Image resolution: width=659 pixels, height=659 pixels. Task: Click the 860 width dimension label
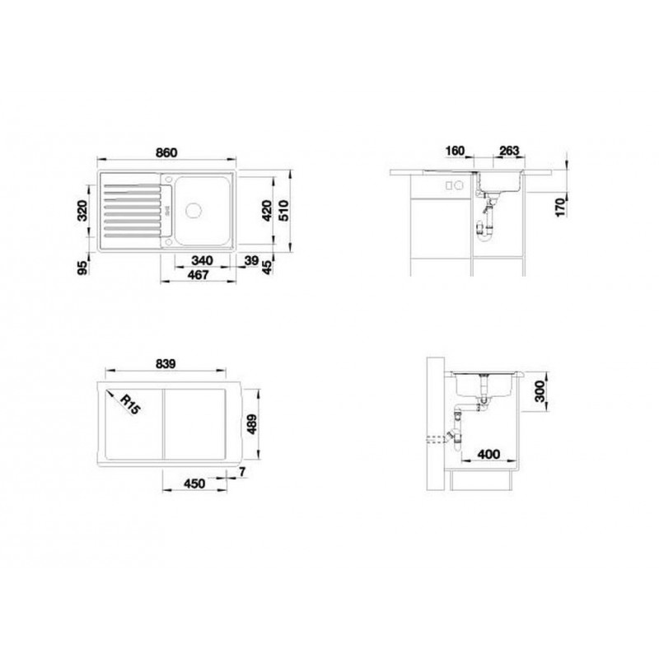pyautogui.click(x=166, y=152)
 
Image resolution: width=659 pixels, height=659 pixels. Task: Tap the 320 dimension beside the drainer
pyautogui.click(x=82, y=211)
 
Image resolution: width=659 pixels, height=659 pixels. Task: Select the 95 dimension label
pyautogui.click(x=83, y=268)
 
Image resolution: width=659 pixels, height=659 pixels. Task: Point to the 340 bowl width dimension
pyautogui.click(x=202, y=260)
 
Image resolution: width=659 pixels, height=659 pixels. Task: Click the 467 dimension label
pyautogui.click(x=198, y=275)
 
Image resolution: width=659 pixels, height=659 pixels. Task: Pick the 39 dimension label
pyautogui.click(x=251, y=260)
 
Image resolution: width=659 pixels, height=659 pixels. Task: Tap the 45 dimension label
pyautogui.click(x=267, y=267)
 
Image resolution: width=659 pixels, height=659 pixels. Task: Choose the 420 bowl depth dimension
pyautogui.click(x=267, y=211)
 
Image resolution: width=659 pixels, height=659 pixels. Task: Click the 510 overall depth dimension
pyautogui.click(x=283, y=211)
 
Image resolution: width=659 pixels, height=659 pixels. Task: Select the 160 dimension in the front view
pyautogui.click(x=455, y=151)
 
